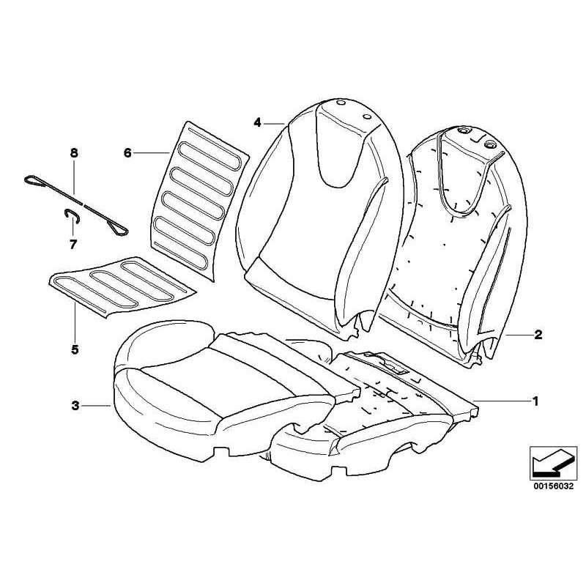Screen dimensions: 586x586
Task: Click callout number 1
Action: point(535,401)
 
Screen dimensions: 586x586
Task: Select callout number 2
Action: point(538,335)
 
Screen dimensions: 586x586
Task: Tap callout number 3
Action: point(75,405)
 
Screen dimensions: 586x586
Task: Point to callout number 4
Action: point(257,122)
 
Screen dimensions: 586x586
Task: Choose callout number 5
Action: point(75,349)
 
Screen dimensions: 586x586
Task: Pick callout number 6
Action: point(127,152)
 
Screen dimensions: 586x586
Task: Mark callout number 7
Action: point(73,245)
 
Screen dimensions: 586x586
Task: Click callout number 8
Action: point(74,153)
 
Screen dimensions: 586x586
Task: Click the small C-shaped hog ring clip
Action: point(71,215)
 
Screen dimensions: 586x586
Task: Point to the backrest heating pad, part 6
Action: point(200,200)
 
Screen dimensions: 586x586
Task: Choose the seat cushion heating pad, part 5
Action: point(122,286)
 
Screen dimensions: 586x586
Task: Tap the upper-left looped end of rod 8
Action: point(33,180)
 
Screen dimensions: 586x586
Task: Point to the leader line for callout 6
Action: point(152,152)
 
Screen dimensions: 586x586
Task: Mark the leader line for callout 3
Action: point(97,405)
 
